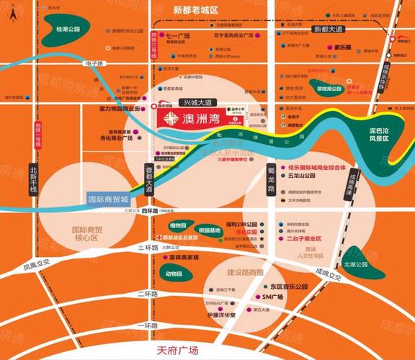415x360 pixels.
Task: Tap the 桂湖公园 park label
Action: coord(67,29)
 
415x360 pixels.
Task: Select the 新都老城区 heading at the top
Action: coord(195,11)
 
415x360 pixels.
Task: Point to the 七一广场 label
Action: coord(177,35)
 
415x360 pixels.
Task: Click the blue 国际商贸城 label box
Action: coord(107,198)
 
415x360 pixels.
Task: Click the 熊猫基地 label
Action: coord(210,230)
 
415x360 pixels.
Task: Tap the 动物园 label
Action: coord(177,274)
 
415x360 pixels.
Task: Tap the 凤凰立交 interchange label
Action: coord(39,264)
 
